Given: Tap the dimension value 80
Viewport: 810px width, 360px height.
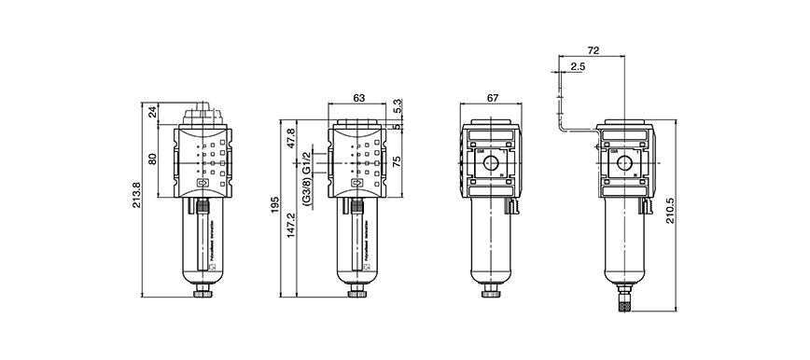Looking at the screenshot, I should (153, 159).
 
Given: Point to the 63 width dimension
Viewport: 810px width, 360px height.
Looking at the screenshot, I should (358, 96).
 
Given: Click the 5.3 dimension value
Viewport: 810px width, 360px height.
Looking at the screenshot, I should (398, 106).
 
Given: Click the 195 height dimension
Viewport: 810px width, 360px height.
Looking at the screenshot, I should (274, 204).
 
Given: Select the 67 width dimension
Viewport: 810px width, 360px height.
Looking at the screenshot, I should (493, 96).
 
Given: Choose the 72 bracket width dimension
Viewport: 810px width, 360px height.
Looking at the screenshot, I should (594, 48).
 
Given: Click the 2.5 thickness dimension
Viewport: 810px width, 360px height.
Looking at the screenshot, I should (577, 66).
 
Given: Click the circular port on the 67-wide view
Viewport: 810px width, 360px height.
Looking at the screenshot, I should (492, 164).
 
